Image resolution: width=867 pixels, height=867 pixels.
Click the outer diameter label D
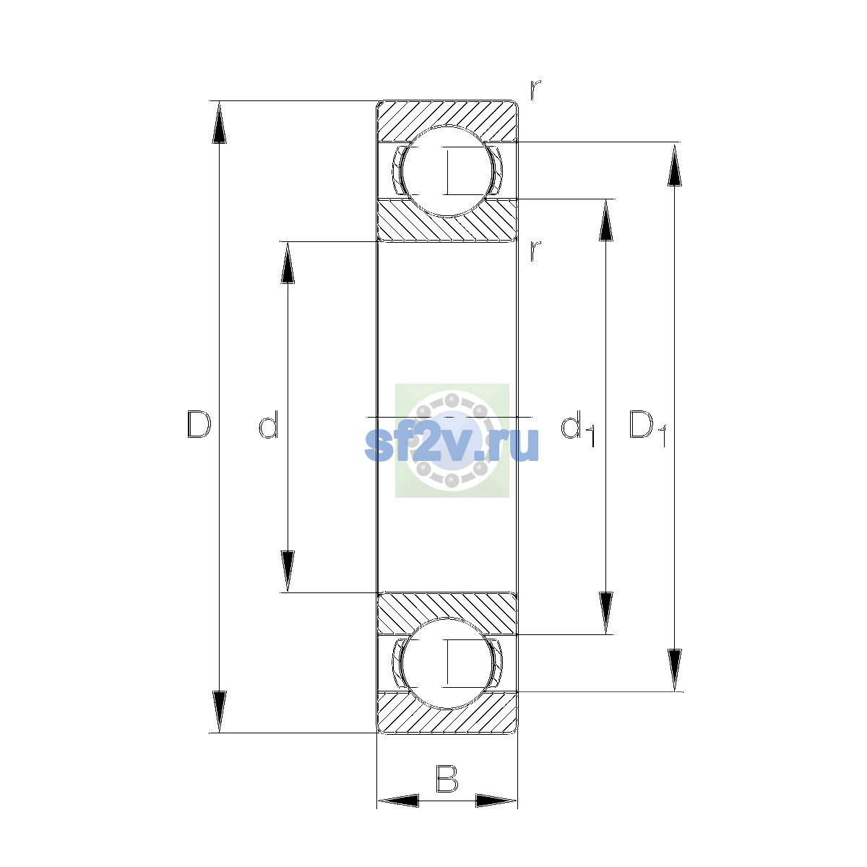[x=199, y=424]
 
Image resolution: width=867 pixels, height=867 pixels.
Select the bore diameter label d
[x=269, y=424]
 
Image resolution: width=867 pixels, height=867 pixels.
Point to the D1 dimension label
[x=647, y=428]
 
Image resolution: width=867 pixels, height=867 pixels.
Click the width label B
[x=447, y=778]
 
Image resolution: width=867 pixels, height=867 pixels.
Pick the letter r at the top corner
[x=535, y=90]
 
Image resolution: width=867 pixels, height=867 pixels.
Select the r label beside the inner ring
[x=535, y=251]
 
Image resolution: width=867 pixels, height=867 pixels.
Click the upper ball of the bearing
[x=447, y=171]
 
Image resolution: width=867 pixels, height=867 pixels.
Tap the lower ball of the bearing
[x=447, y=663]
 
